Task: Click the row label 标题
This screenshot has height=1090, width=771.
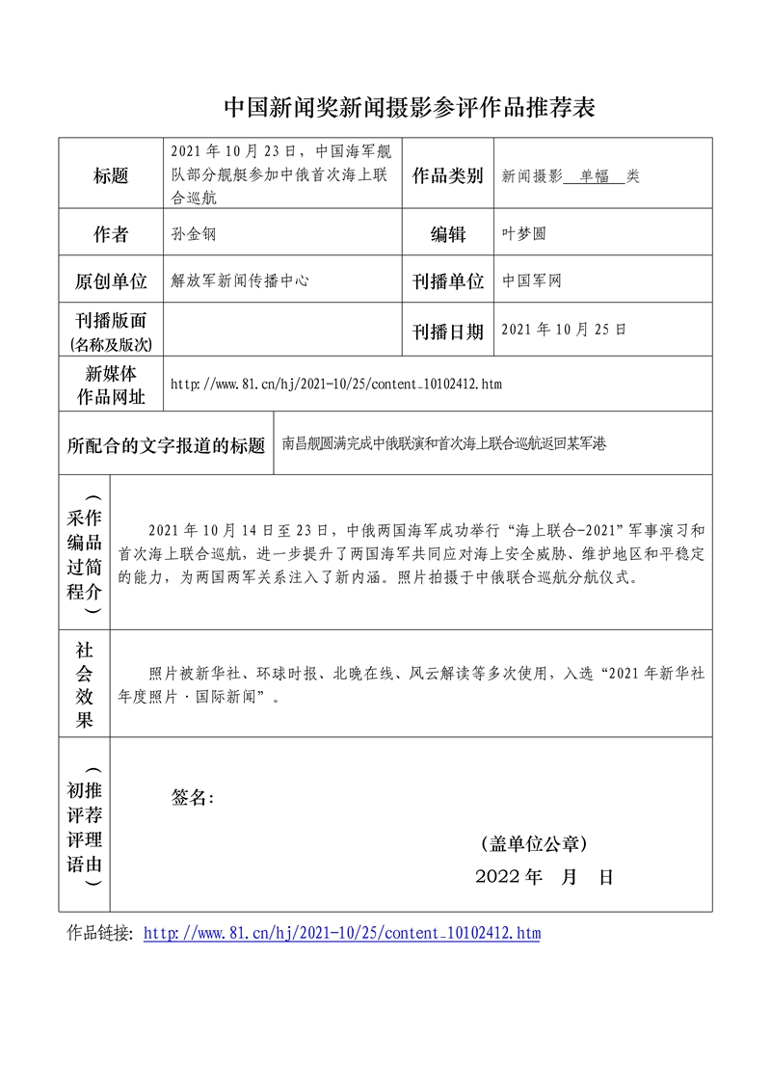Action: pos(111,175)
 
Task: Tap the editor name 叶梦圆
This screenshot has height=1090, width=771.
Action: pos(524,234)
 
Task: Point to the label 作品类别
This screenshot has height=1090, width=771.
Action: pos(447,175)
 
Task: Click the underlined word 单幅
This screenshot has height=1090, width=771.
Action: pos(595,176)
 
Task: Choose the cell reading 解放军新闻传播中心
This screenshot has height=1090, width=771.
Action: pos(240,280)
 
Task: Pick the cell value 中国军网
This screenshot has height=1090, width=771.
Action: pos(532,280)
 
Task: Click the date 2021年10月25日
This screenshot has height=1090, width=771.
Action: pos(564,330)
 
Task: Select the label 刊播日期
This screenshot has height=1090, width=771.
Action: pos(447,332)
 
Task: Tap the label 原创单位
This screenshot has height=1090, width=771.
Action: pos(111,281)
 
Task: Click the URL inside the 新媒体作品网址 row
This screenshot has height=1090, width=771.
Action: pos(335,385)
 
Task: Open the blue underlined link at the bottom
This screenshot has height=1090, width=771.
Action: pos(342,933)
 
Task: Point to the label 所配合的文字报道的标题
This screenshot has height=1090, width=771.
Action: pos(166,445)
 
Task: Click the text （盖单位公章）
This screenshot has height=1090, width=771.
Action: pos(533,844)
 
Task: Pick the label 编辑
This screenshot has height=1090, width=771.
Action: pos(447,234)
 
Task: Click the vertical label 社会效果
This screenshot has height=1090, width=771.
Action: pos(85,683)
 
